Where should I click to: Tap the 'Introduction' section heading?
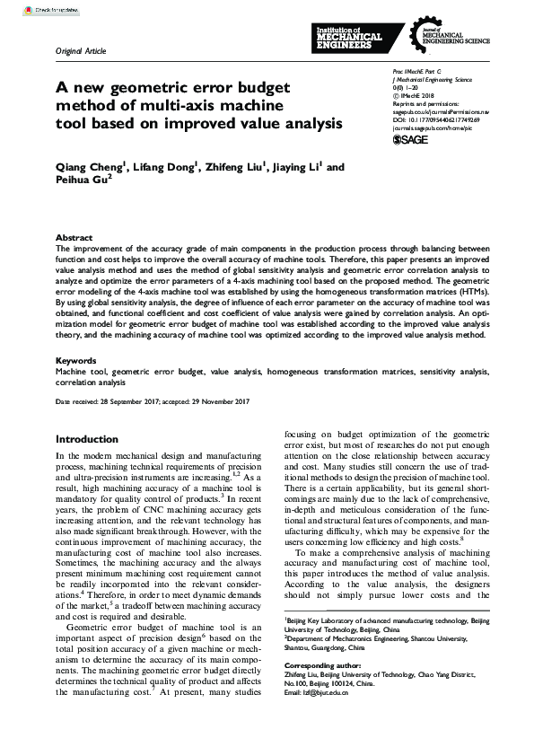(x=87, y=439)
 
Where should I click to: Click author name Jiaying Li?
(x=301, y=167)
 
